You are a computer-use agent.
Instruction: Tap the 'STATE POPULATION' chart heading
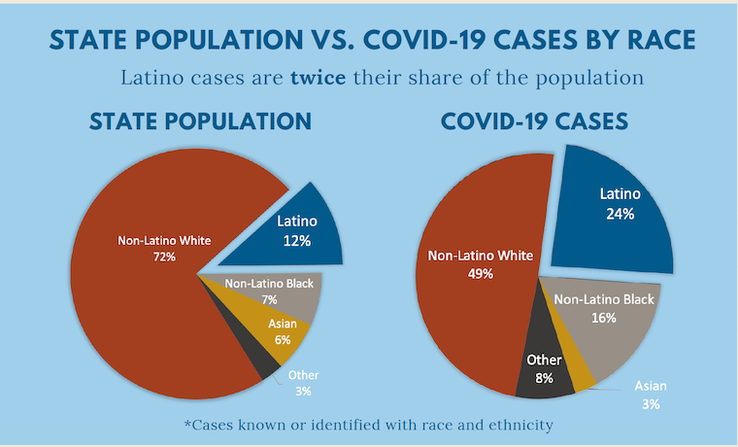200,122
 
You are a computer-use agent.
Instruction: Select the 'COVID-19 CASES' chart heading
534,122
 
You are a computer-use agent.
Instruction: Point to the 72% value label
163,258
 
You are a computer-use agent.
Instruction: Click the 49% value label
480,274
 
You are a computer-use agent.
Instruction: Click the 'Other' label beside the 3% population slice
303,375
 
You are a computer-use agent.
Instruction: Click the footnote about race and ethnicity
370,425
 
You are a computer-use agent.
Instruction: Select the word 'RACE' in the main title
642,39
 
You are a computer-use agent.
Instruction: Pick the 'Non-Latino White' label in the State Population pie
163,240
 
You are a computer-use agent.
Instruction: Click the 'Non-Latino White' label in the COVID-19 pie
481,257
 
